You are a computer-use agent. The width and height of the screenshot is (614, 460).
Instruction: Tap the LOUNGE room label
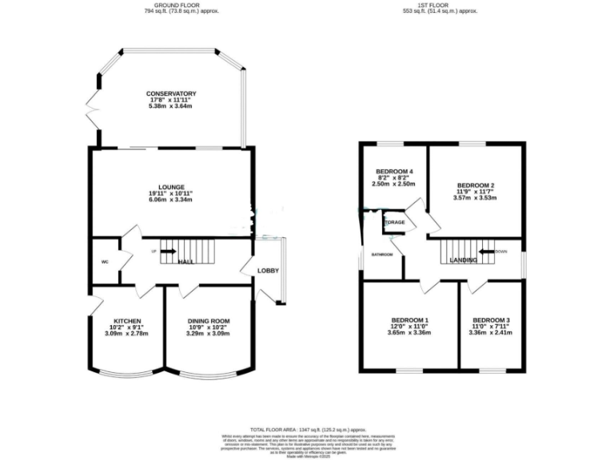[x=170, y=187]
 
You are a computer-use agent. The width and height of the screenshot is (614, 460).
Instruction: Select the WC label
[x=105, y=261]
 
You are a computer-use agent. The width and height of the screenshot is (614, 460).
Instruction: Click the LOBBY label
[x=267, y=271]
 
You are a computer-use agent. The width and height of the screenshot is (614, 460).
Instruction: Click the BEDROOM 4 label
[x=394, y=172]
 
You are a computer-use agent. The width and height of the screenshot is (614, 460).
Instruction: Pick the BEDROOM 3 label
[x=490, y=319]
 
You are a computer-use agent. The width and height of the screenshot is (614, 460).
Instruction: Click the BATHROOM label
[x=381, y=255]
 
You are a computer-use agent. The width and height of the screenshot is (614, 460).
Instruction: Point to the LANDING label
[x=464, y=261]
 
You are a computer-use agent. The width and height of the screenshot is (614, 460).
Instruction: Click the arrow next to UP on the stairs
[x=168, y=252]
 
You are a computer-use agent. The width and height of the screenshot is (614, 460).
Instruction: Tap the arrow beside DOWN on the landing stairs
[x=484, y=251]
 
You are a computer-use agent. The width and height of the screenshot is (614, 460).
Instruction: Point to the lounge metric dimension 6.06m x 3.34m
[x=170, y=200]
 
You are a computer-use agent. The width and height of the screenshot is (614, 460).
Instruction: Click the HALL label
[x=185, y=261]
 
